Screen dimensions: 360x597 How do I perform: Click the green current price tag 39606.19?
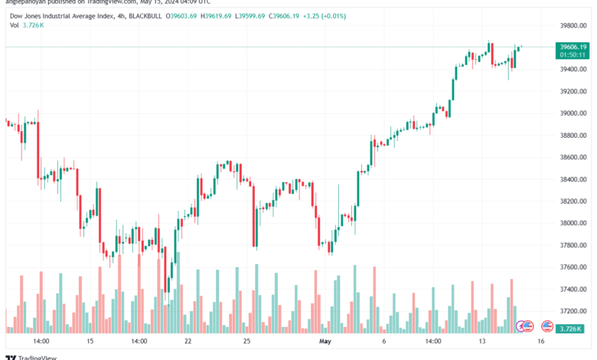click(572, 47)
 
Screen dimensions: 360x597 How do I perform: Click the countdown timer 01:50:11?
click(572, 54)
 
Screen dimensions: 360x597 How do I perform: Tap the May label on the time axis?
click(325, 341)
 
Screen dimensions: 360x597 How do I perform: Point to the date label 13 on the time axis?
click(483, 341)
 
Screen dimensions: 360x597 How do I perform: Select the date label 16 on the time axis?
click(540, 341)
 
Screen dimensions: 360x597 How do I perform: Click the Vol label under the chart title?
click(14, 25)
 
